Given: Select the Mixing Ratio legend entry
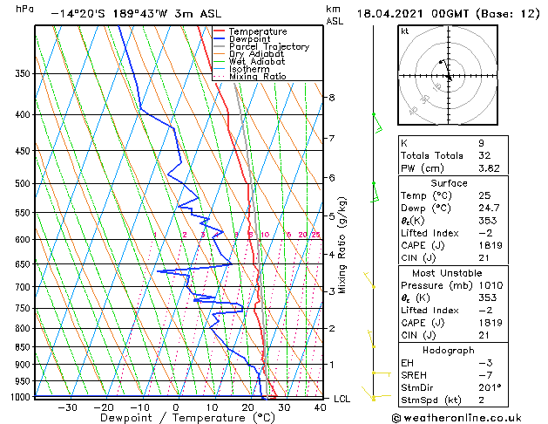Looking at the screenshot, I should tap(258, 77).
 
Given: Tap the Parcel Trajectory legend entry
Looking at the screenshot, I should tap(268, 47).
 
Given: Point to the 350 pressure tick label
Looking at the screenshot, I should tap(22, 73).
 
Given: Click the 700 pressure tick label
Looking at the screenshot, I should tap(22, 287).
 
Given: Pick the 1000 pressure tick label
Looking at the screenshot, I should tap(19, 397).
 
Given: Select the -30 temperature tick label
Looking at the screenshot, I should tap(66, 407).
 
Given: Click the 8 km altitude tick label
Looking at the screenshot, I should tap(331, 97).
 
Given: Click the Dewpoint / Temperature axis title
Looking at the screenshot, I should tap(175, 418).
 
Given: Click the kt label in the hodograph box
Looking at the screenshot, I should tap(405, 31).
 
